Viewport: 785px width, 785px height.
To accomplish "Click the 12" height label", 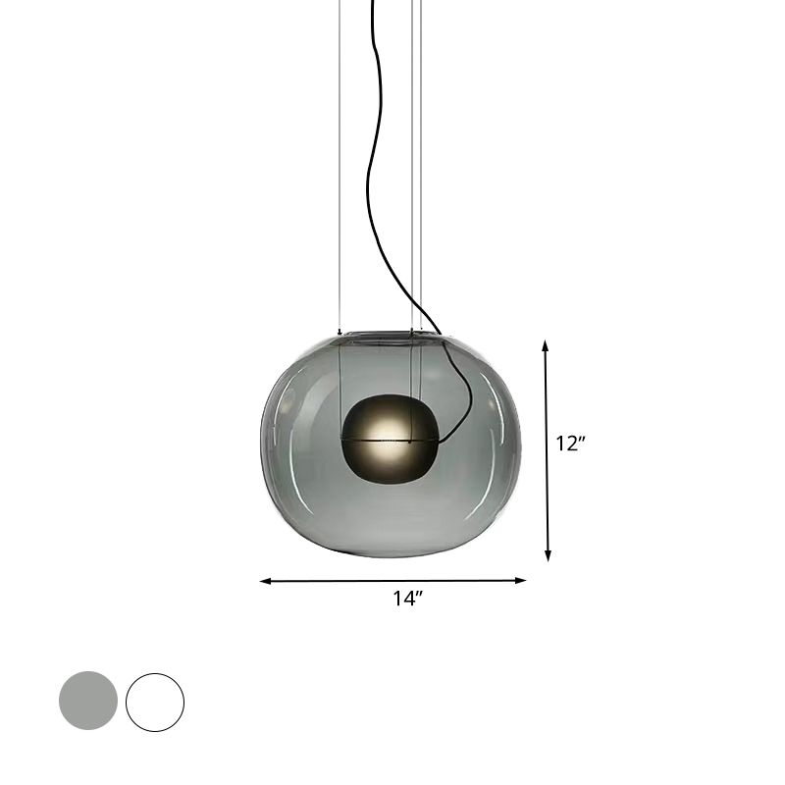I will point(570,444).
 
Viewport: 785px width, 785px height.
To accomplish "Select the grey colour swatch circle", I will point(88,701).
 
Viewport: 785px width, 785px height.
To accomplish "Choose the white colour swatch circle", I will point(155,701).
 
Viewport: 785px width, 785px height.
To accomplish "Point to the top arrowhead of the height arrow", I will point(546,345).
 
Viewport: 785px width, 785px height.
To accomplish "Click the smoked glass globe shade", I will point(314,491).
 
